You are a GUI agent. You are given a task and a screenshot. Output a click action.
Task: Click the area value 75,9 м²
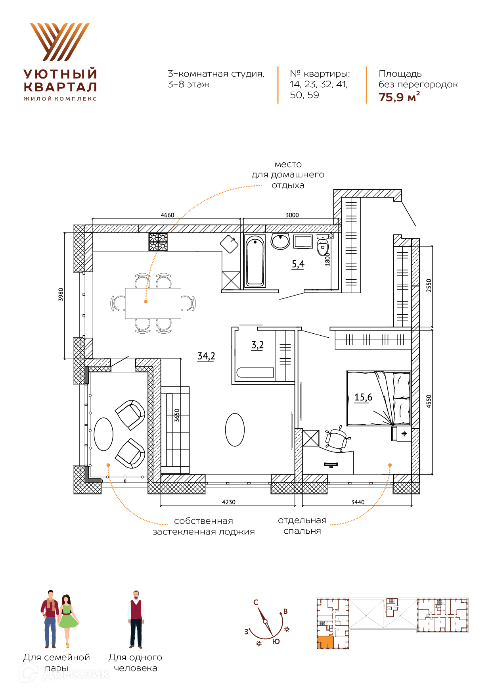(399, 97)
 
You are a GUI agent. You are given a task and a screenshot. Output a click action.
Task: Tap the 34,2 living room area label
(206, 356)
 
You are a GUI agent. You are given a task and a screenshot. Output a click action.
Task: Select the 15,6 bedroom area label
(363, 397)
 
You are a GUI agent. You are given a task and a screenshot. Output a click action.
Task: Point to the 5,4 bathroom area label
(298, 264)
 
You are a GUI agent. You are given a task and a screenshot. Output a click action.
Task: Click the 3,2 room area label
(257, 345)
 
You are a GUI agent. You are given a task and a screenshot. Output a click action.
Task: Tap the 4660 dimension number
(167, 215)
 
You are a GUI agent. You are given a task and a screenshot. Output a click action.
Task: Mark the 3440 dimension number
(358, 502)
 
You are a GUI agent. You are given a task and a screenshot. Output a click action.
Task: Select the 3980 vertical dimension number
(61, 294)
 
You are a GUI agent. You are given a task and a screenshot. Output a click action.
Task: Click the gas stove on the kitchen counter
(158, 242)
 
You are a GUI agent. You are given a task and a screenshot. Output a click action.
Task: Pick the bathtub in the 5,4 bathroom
(255, 261)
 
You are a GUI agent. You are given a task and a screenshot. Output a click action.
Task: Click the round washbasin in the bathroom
(281, 241)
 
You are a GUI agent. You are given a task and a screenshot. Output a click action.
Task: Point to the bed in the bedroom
(378, 398)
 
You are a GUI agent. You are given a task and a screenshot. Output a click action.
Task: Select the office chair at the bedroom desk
(337, 438)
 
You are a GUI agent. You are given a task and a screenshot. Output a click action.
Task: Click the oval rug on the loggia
(103, 434)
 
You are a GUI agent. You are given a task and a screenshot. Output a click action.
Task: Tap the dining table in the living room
(153, 303)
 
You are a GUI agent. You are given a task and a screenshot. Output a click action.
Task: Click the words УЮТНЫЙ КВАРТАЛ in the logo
(60, 81)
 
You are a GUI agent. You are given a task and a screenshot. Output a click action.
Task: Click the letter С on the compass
(256, 602)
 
